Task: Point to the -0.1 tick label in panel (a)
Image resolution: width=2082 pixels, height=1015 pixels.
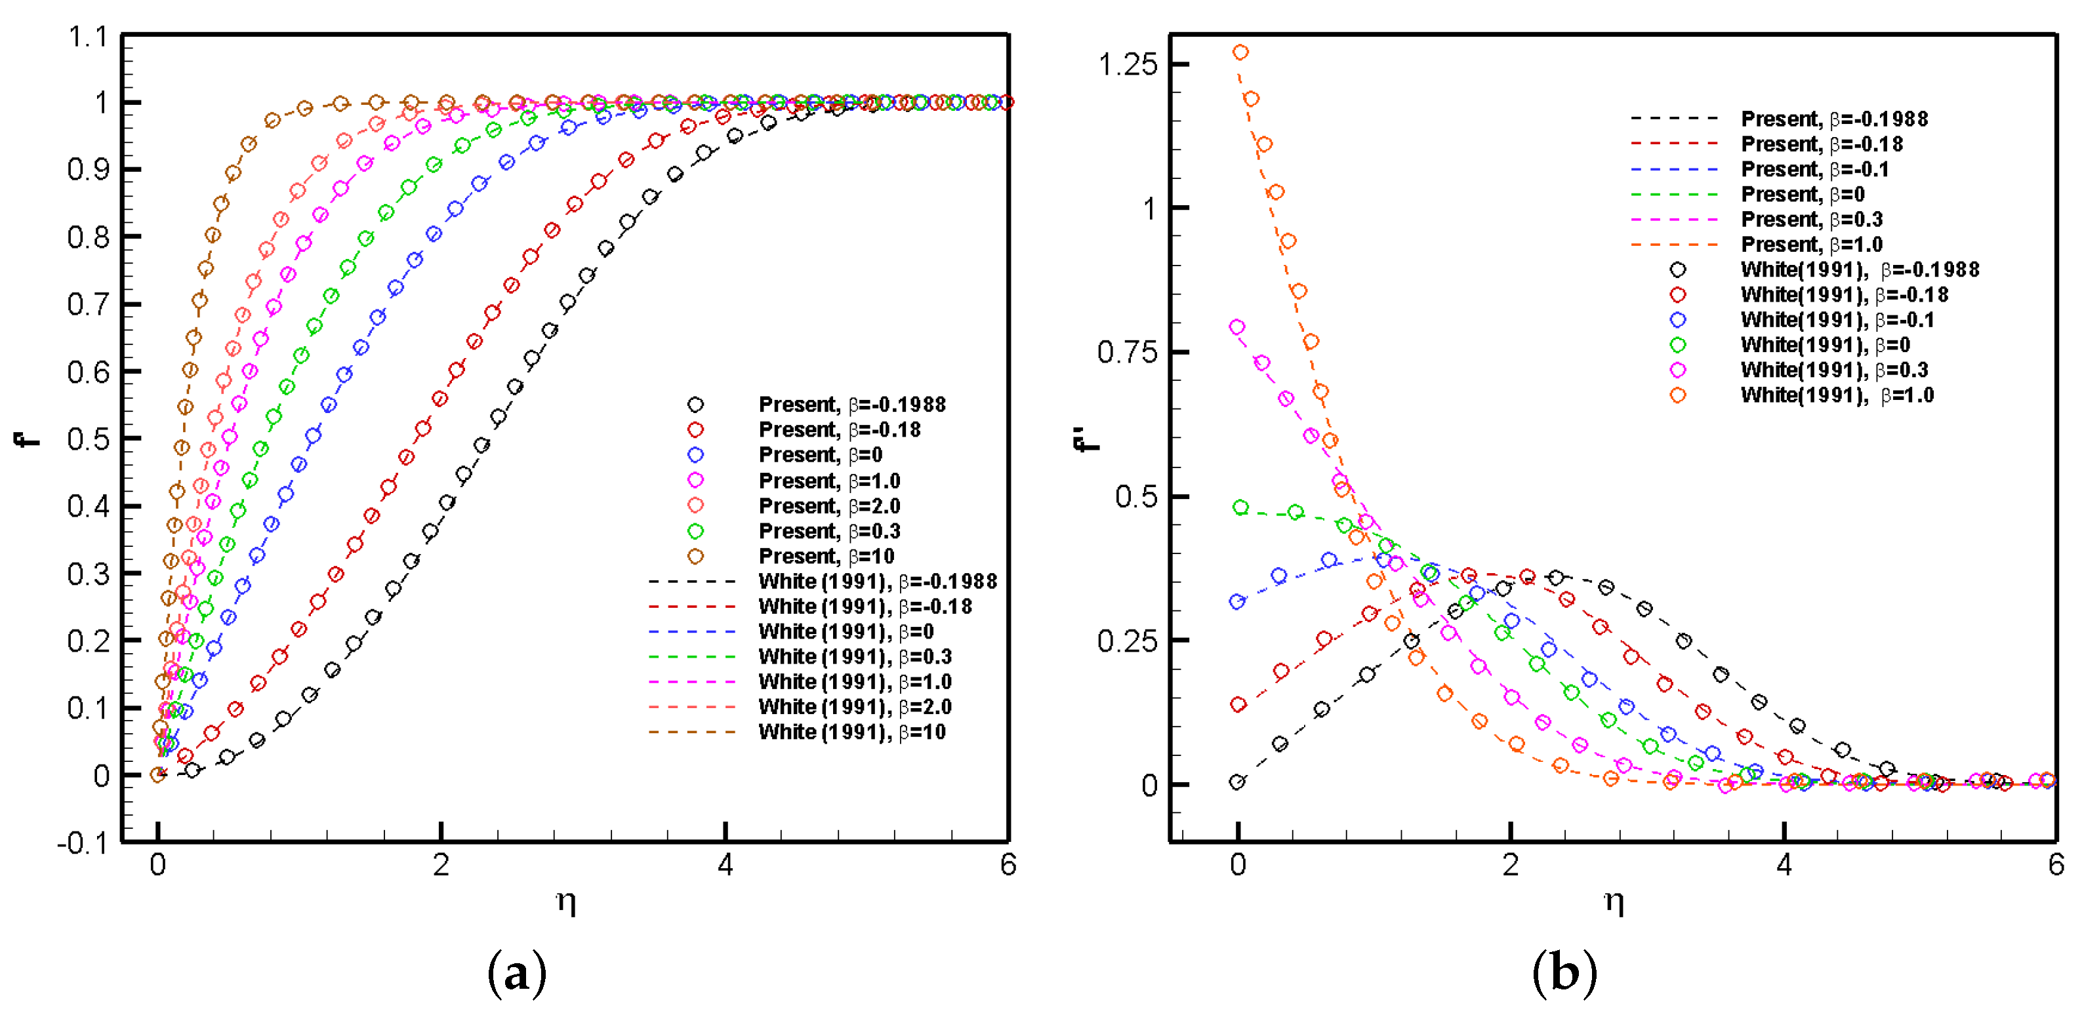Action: pyautogui.click(x=83, y=843)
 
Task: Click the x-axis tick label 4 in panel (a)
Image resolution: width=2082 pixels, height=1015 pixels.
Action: pyautogui.click(x=725, y=865)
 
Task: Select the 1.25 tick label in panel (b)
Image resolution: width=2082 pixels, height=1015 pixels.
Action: pyautogui.click(x=1128, y=64)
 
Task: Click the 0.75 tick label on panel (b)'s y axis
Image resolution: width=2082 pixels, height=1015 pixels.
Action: pyautogui.click(x=1128, y=352)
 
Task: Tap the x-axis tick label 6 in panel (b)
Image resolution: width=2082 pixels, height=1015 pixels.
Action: pyautogui.click(x=2055, y=865)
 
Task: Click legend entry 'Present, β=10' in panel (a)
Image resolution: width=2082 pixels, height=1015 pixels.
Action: pyautogui.click(x=826, y=556)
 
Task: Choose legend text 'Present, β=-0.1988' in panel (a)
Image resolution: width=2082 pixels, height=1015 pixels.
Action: pyautogui.click(x=852, y=404)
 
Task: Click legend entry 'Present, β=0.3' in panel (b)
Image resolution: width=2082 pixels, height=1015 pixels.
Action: pyautogui.click(x=1811, y=219)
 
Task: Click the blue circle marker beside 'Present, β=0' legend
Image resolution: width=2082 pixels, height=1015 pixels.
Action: pyautogui.click(x=695, y=454)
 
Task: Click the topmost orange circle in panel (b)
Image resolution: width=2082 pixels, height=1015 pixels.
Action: pyautogui.click(x=1240, y=52)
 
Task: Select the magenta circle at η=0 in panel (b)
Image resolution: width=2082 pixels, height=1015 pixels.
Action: pyautogui.click(x=1236, y=327)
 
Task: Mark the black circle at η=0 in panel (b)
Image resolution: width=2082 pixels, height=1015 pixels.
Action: pyautogui.click(x=1236, y=782)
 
